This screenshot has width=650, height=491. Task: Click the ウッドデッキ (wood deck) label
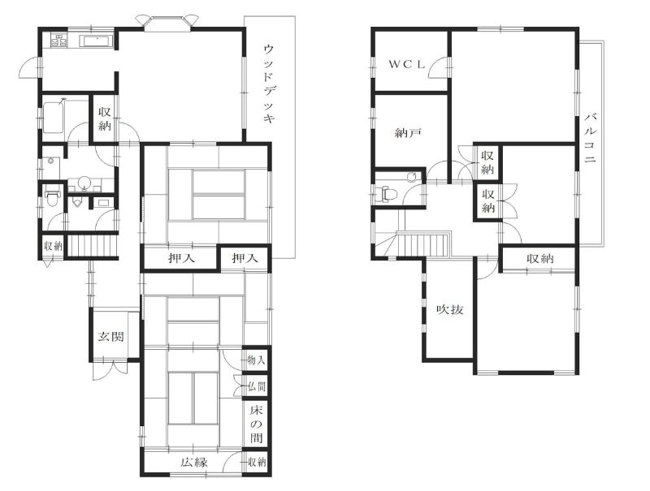pos(269,84)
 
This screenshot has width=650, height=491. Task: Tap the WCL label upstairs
pos(407,65)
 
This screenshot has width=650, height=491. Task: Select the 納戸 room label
pos(409,133)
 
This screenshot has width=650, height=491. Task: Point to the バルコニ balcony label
pos(591,137)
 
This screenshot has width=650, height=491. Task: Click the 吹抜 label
pos(450,310)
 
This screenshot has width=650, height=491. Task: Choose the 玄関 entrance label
pos(110,336)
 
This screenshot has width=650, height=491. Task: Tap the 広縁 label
pos(193,462)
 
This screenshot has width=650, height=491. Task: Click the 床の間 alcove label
pos(256,424)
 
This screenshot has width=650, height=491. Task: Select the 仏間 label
pos(257,387)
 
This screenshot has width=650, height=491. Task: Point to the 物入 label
pos(256,360)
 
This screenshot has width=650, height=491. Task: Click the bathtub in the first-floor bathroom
pos(53,118)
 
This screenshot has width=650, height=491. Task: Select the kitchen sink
pos(96,41)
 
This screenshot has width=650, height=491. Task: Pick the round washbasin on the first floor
pos(85,182)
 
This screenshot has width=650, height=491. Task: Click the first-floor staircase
pos(93,246)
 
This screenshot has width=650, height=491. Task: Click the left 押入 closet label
pos(181,258)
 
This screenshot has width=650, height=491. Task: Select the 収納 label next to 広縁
pos(257,462)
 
